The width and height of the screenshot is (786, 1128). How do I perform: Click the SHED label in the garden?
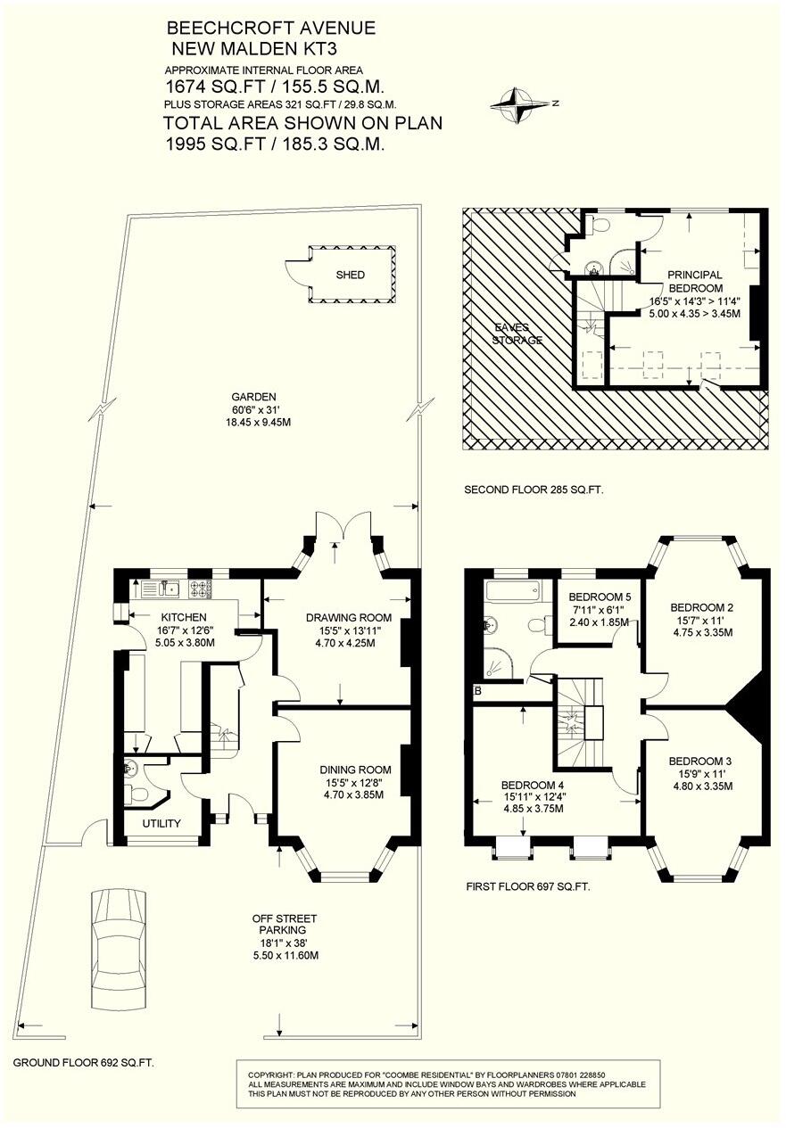(350, 275)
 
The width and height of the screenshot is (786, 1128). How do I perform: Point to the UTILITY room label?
(161, 823)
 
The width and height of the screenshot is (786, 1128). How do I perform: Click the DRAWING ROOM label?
(349, 617)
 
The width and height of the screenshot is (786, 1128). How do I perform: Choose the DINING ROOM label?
(355, 770)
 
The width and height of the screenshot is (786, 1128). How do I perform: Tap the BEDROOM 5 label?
(600, 597)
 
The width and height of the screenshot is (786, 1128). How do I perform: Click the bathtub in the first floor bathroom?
(513, 590)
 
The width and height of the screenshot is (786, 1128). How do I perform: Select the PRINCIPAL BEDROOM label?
(695, 282)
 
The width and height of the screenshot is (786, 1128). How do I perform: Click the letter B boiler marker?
(478, 691)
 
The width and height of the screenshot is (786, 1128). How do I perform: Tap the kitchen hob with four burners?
(200, 589)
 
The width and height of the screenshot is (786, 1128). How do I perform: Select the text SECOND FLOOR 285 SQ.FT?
(534, 489)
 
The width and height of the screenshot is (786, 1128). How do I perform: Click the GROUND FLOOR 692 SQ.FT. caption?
(83, 1063)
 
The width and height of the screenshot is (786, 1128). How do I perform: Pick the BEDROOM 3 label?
(699, 762)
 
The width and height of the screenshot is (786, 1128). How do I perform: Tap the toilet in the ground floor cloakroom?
(136, 795)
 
